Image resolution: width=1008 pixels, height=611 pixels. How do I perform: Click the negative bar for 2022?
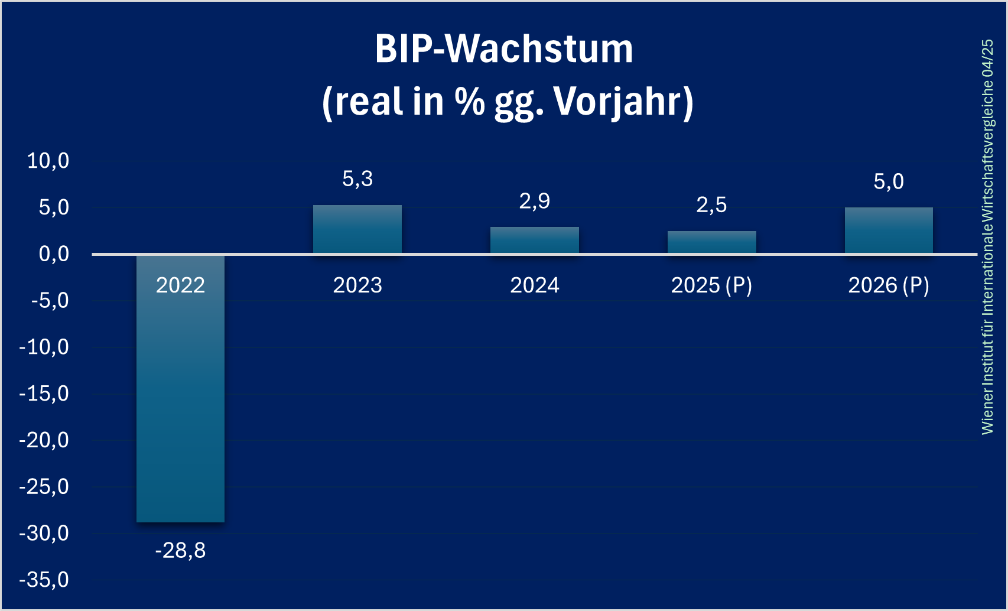click(x=180, y=402)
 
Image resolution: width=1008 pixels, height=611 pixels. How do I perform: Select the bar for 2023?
click(x=357, y=230)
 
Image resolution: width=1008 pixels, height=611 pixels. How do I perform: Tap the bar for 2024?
click(x=535, y=240)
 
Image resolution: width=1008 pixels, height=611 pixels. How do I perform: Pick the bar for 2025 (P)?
click(x=711, y=242)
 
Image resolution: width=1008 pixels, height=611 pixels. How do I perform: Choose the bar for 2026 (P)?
click(x=889, y=230)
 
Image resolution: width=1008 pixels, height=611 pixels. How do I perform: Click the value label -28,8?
click(x=180, y=551)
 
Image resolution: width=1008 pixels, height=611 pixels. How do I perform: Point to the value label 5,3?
click(x=357, y=178)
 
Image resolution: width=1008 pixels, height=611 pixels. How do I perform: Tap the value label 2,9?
click(x=535, y=201)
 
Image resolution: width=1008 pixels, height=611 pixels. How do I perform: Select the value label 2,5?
click(x=711, y=205)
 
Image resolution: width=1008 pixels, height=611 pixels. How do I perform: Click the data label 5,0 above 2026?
click(x=889, y=181)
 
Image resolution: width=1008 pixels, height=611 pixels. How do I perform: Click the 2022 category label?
click(x=180, y=285)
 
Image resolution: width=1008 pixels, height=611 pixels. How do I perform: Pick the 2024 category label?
click(x=535, y=285)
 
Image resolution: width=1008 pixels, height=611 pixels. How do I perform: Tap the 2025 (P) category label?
click(x=711, y=285)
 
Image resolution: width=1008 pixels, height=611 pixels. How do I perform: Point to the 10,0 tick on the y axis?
click(x=48, y=161)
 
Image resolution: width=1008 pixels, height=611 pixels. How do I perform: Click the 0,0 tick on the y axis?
click(x=54, y=254)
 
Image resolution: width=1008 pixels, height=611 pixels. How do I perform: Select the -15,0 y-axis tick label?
click(x=44, y=394)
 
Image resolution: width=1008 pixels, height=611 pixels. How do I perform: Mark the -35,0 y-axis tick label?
click(x=44, y=580)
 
